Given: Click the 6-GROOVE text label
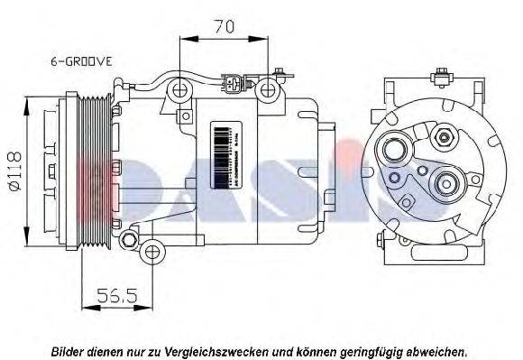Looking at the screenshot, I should pos(80,61).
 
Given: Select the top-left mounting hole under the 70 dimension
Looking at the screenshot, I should pos(180,89).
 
